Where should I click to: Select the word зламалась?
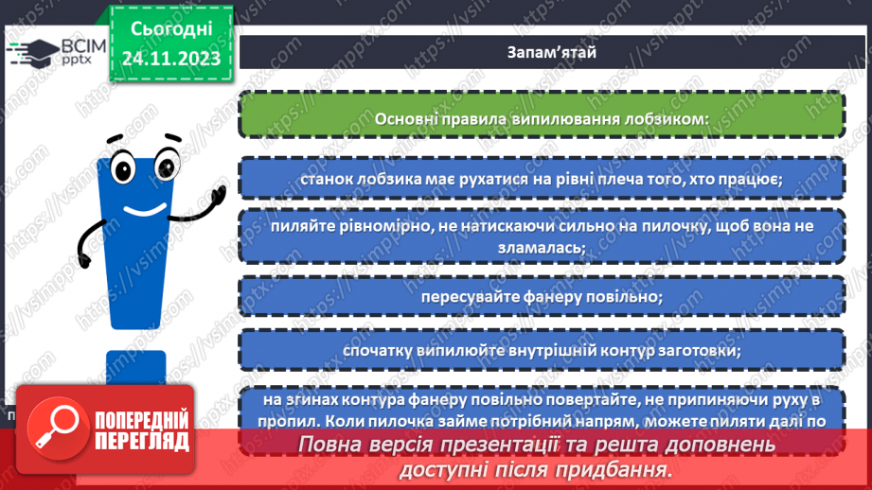tap(541, 247)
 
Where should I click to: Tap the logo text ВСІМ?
tap(82, 46)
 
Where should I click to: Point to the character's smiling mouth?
tap(143, 206)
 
